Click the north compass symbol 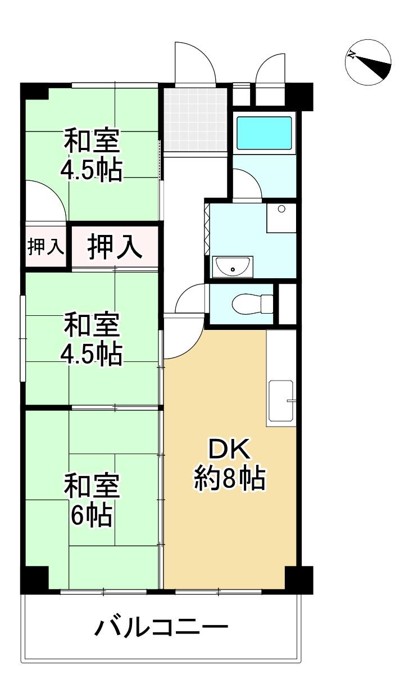point(368,62)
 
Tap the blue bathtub point(264,133)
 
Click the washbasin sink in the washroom point(233,266)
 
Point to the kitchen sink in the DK point(281,401)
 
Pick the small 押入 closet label point(46,247)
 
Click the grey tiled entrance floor point(196,120)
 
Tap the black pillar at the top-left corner point(34,90)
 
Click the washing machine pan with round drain point(281,218)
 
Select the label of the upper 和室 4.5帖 point(92,154)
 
